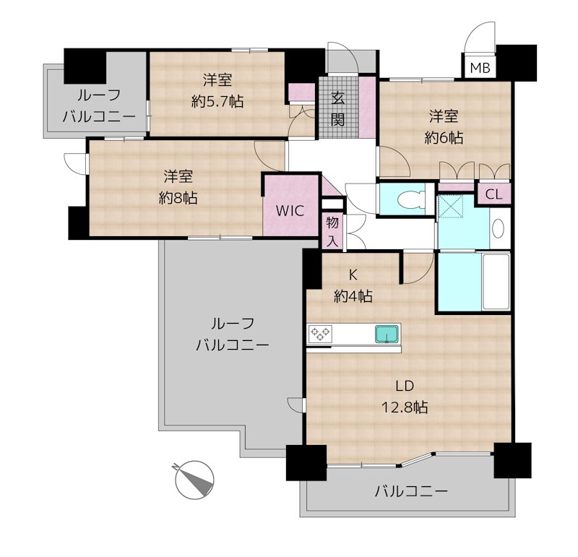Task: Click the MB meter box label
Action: [479, 69]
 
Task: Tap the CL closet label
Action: [493, 194]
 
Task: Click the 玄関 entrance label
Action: [337, 108]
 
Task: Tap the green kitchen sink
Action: [385, 334]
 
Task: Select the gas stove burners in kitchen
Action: [320, 334]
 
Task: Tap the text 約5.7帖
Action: [217, 102]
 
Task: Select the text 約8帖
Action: [178, 197]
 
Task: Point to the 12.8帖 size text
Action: [405, 407]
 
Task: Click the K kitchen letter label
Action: [353, 275]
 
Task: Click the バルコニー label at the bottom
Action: [411, 493]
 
